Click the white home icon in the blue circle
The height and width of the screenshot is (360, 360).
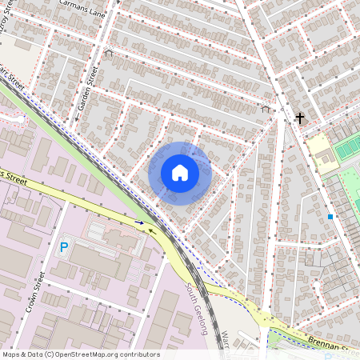click(x=180, y=173)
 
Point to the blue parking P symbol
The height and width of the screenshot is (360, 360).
click(x=63, y=249)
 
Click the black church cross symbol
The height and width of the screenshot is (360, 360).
click(x=300, y=118)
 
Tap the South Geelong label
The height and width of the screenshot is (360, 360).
click(x=197, y=307)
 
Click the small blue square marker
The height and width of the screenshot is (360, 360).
click(x=330, y=216)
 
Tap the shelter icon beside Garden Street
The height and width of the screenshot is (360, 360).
click(x=109, y=53)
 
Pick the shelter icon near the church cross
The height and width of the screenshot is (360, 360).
click(x=266, y=108)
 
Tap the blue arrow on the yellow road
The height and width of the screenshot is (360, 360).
click(x=141, y=223)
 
